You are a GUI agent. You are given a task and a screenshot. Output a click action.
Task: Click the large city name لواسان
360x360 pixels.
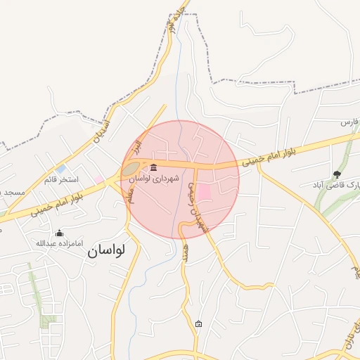point(105,250)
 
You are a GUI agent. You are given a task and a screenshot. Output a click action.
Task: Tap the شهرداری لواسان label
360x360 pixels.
point(154,179)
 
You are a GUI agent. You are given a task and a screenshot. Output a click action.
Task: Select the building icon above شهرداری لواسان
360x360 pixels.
point(154,167)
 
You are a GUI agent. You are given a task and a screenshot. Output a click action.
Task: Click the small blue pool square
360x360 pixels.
point(62,169)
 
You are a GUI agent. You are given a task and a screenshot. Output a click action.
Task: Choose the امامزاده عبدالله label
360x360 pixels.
point(60,243)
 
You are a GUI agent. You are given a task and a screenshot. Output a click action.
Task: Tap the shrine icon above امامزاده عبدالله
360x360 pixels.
point(59,233)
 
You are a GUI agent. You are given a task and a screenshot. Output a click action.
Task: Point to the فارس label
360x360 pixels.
point(350,122)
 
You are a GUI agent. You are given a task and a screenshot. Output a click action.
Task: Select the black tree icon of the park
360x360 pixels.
point(337,174)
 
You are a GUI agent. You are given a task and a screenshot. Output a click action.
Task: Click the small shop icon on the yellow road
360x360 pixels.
point(199,323)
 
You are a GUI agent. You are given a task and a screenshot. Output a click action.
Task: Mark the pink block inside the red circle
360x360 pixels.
point(202,191)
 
